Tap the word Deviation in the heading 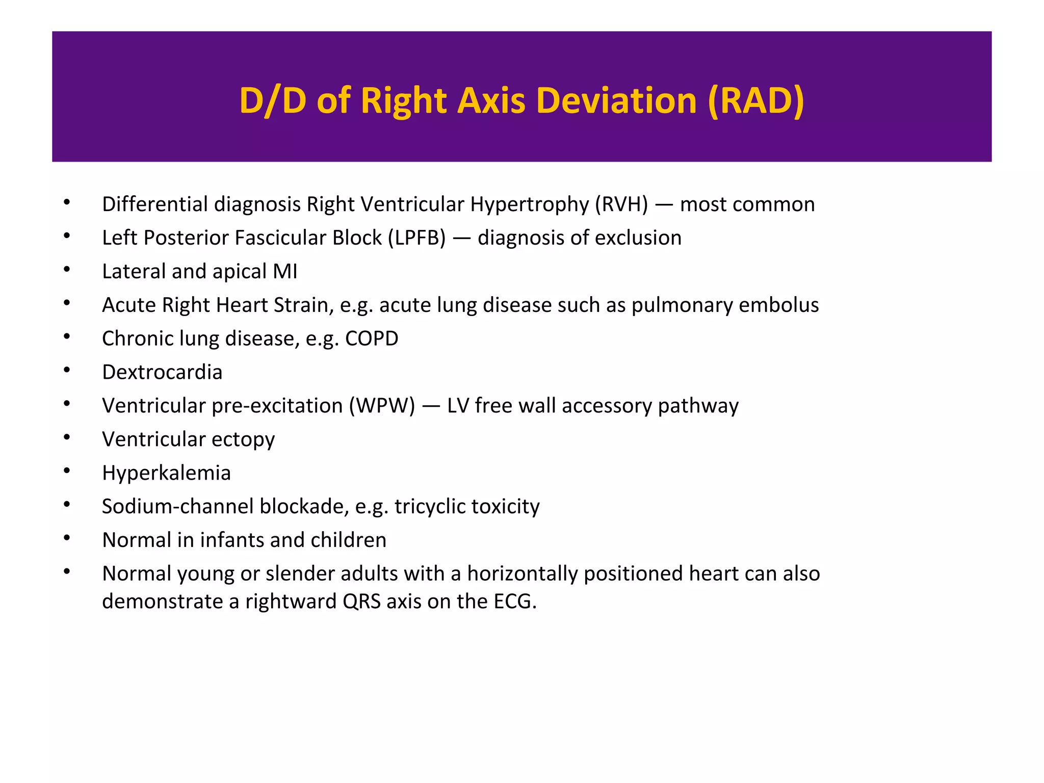pos(616,100)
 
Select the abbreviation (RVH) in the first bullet pos(621,204)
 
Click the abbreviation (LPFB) pos(416,238)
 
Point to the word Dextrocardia pos(162,372)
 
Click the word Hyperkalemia pos(166,473)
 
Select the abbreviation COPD pos(372,339)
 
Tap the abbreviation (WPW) pos(382,406)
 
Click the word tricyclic pos(430,507)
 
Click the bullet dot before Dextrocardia pos(67,370)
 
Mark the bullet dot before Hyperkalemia pos(67,471)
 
